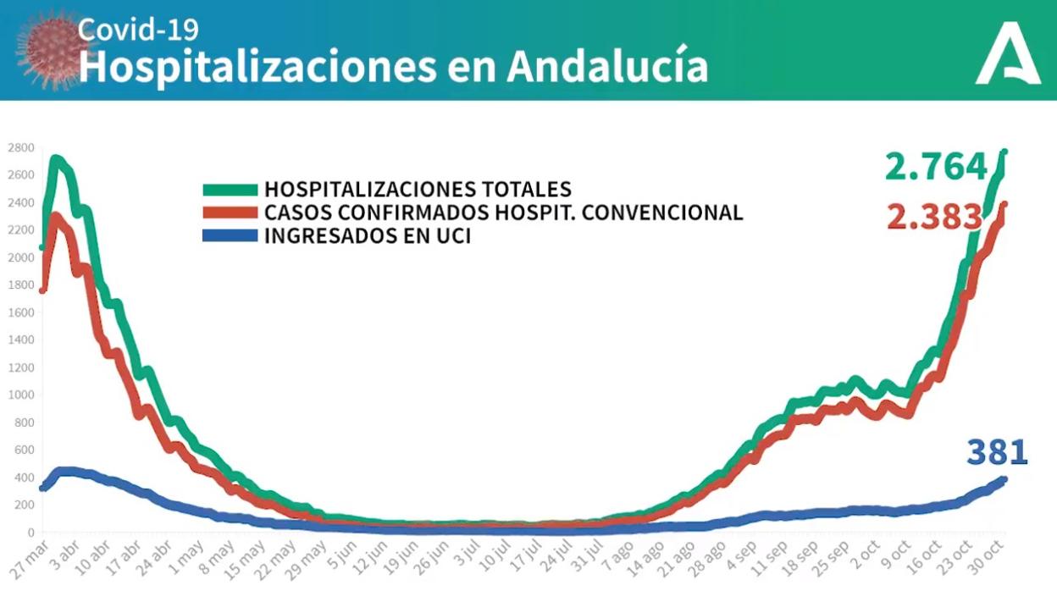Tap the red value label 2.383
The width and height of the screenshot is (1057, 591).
(935, 218)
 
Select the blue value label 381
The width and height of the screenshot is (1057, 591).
(997, 452)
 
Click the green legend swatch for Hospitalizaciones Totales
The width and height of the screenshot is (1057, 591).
(230, 190)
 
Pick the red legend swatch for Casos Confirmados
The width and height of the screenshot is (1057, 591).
(230, 213)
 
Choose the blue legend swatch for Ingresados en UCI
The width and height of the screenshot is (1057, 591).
(230, 236)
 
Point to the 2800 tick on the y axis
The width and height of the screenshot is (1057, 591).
(20, 148)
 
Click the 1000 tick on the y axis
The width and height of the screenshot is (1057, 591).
(20, 395)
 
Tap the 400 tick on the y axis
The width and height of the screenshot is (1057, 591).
(22, 478)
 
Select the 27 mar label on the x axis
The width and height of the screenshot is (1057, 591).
(29, 560)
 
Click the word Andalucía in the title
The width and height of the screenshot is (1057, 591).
(607, 67)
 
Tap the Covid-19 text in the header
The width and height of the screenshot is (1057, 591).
(138, 30)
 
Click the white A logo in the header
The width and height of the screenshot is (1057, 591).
(1007, 58)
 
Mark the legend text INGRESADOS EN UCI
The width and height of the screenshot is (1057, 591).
(368, 236)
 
